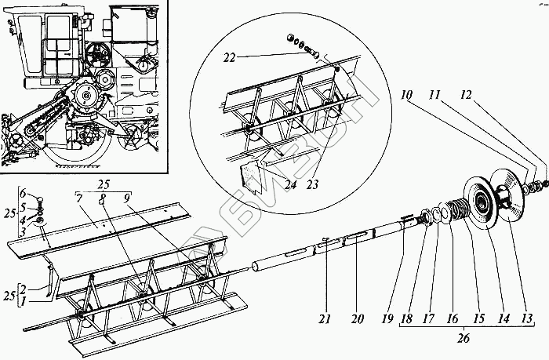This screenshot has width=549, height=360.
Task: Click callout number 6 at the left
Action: [25, 193]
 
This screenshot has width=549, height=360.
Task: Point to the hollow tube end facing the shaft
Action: [254, 267]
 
